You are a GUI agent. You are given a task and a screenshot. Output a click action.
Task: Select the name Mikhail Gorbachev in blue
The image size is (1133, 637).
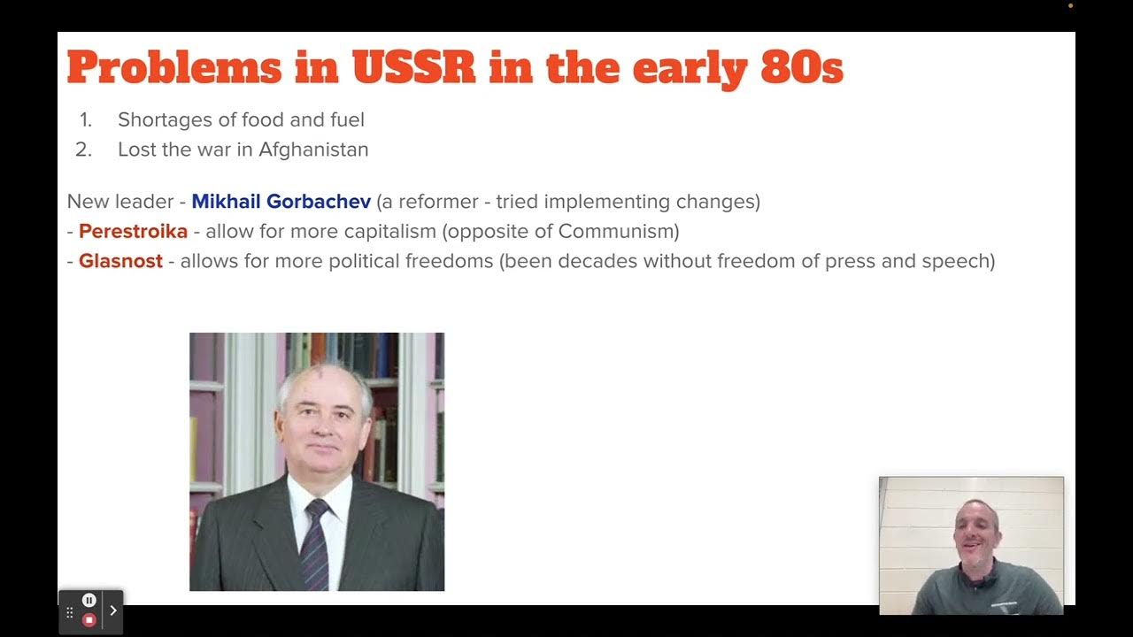(281, 202)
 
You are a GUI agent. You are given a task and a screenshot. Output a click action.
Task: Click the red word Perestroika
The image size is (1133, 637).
(133, 232)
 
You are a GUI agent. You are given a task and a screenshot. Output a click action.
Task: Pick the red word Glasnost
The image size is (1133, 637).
(120, 262)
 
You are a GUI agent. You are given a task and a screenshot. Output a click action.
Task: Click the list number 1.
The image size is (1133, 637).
(85, 120)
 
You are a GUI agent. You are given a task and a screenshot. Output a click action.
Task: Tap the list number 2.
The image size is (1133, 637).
(84, 150)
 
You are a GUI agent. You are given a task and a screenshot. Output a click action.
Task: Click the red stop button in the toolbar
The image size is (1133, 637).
(89, 620)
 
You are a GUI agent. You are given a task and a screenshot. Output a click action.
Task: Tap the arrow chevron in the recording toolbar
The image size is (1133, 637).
(113, 610)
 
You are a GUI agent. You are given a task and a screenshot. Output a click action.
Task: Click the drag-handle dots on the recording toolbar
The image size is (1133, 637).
(70, 611)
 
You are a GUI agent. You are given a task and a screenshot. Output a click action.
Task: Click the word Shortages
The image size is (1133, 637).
(165, 120)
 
